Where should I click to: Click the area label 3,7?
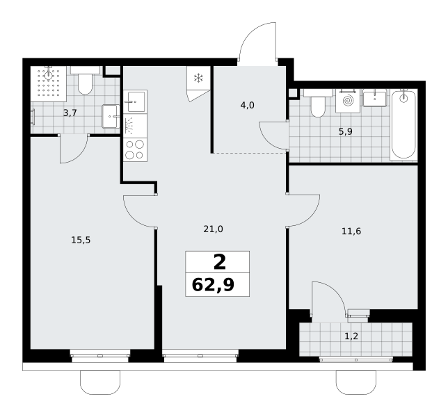click(70, 113)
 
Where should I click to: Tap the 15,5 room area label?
click(81, 240)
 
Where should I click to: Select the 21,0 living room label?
click(213, 229)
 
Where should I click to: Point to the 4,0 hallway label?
click(247, 106)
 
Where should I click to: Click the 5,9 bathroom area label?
click(346, 132)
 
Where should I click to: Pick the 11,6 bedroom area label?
click(351, 231)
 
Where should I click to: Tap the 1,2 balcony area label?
click(351, 336)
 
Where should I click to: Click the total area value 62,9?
click(213, 285)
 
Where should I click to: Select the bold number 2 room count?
click(219, 262)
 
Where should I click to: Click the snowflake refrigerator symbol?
click(198, 78)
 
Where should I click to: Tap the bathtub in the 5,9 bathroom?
click(403, 124)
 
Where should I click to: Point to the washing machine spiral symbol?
click(348, 101)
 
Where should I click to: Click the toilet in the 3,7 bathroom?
click(85, 81)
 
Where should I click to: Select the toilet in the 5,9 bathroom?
click(318, 103)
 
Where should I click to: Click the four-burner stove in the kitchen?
click(135, 150)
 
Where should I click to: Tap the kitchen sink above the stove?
click(135, 102)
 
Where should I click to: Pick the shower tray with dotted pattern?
click(49, 84)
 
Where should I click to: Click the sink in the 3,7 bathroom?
click(111, 116)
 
